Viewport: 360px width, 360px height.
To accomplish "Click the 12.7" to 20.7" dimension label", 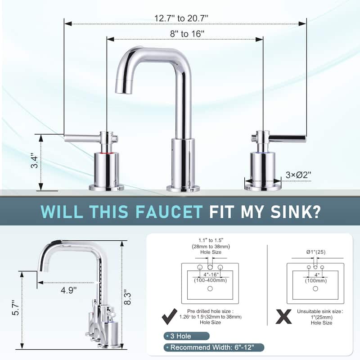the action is pos(181,18).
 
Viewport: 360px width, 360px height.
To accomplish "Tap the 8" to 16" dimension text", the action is pos(187,34).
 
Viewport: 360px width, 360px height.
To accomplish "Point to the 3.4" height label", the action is pos(35,161).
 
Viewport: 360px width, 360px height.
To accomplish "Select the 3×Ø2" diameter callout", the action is pos(298,175).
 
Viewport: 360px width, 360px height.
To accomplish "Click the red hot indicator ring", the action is pos(107,153).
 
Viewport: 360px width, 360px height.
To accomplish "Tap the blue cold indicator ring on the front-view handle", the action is pos(263,152).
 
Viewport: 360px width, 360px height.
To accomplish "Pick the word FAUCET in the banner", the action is pos(168,211).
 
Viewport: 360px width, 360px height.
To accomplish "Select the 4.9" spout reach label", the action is pos(68,290).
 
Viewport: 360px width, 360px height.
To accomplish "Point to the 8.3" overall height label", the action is pos(127,298).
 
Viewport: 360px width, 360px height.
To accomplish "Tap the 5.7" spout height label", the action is pos(16,308).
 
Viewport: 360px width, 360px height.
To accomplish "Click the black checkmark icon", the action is pos(170,316).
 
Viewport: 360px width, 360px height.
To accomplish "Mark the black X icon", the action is pos(284,317).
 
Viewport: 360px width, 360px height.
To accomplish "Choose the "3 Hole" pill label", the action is pos(186,336).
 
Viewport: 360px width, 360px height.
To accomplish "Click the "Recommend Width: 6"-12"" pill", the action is pos(214,347).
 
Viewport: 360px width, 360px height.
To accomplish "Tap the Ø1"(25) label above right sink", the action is pos(316,252).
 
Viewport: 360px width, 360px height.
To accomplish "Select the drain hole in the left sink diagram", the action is pos(210,288).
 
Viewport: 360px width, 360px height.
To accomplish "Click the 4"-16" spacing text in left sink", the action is pos(211,275).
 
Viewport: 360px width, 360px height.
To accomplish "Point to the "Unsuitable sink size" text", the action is pos(319,311).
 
